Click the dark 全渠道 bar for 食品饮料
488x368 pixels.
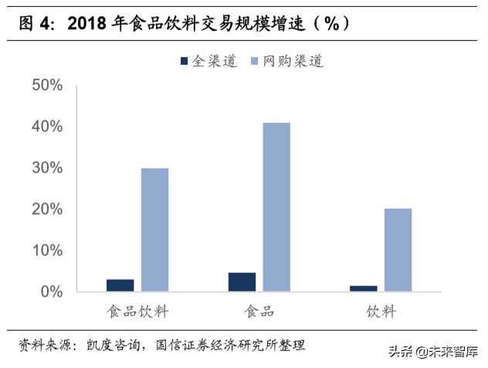click(120, 285)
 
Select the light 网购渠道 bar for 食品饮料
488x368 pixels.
click(154, 230)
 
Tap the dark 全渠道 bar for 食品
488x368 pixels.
click(242, 282)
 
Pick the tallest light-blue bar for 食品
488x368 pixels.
click(276, 207)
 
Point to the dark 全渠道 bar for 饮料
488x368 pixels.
click(364, 288)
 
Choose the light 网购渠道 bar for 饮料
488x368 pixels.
click(398, 250)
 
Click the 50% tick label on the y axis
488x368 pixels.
click(46, 85)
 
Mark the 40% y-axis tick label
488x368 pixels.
click(46, 126)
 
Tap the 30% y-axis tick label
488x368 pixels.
click(46, 168)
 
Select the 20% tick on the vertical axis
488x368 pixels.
click(46, 210)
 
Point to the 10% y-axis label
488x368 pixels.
click(46, 250)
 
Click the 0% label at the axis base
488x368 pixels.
click(50, 292)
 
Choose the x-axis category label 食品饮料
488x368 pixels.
click(137, 312)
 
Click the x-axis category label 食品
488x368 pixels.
click(259, 312)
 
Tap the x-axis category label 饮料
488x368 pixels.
click(381, 312)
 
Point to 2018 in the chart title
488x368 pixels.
click(86, 23)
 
